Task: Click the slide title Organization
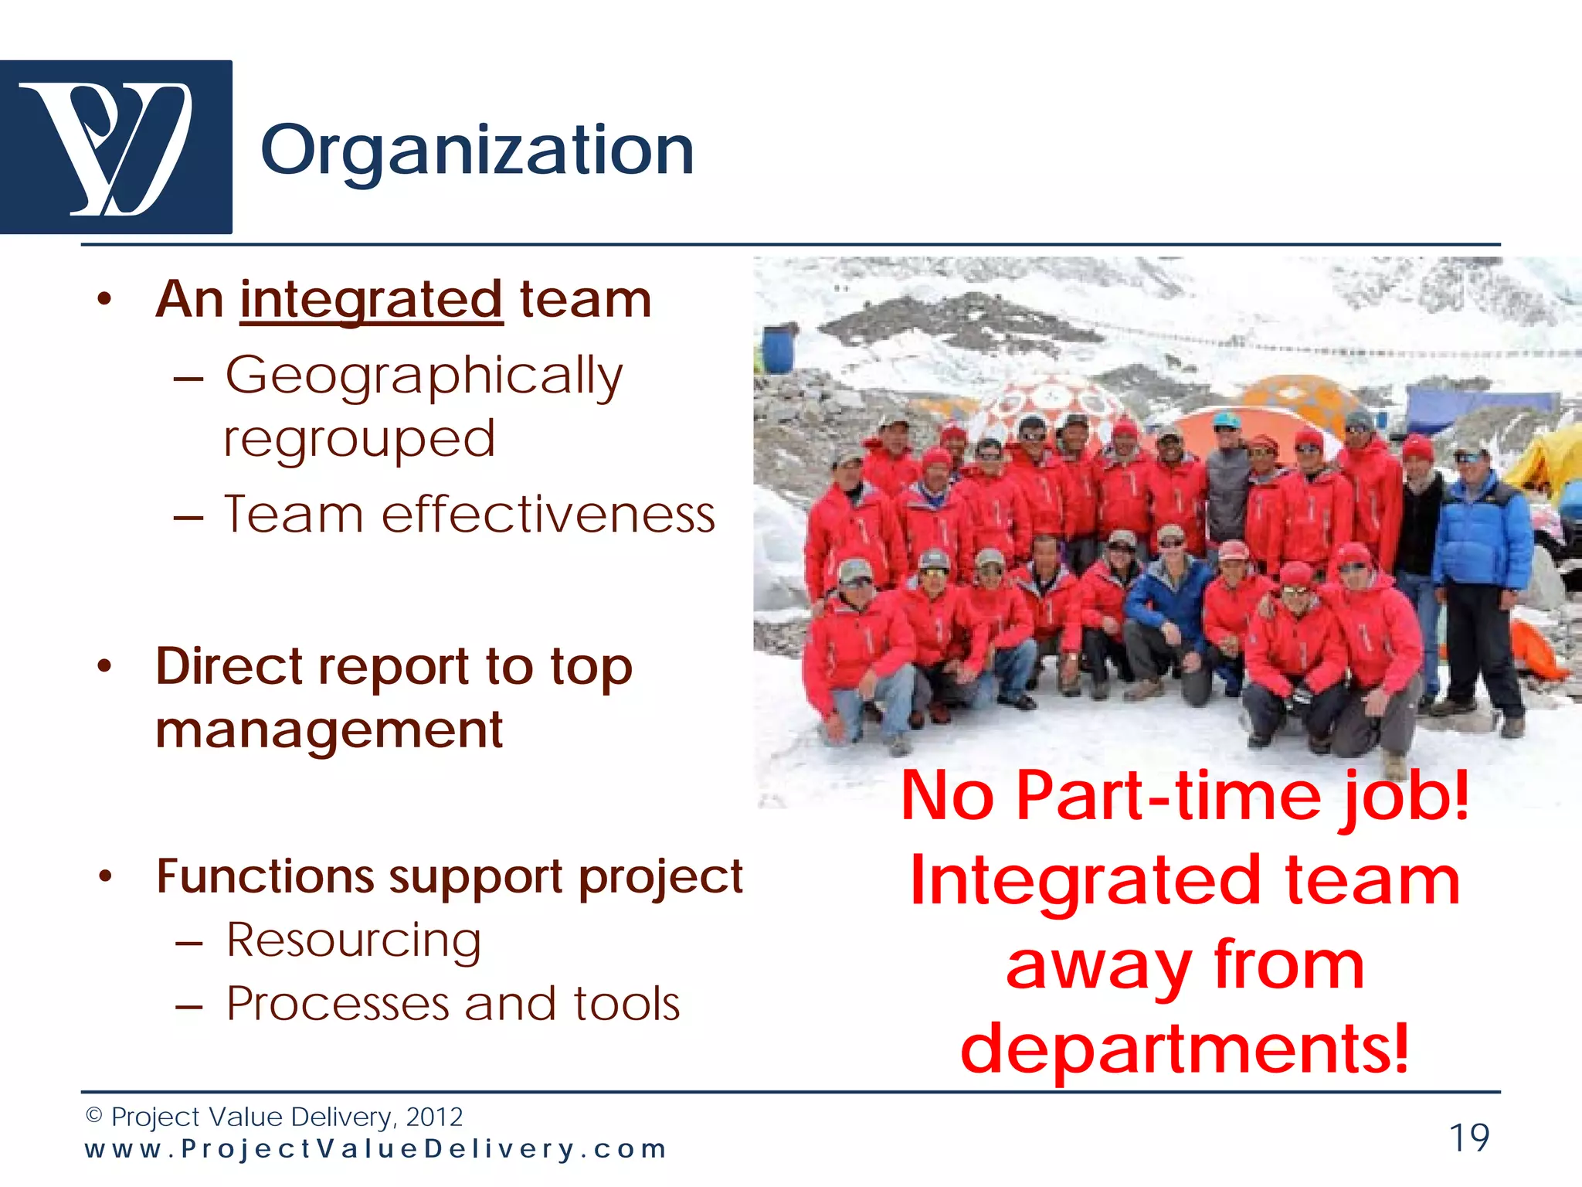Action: pyautogui.click(x=477, y=151)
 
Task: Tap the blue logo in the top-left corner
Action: pyautogui.click(x=116, y=147)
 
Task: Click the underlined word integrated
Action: pyautogui.click(x=372, y=300)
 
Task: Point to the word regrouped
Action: pyautogui.click(x=359, y=439)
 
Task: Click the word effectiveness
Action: pyautogui.click(x=548, y=515)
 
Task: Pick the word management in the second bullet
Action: pyautogui.click(x=329, y=730)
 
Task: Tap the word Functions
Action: pyautogui.click(x=265, y=876)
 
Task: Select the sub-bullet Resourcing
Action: pyautogui.click(x=353, y=940)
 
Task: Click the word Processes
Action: pyautogui.click(x=338, y=1004)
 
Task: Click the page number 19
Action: pyautogui.click(x=1468, y=1138)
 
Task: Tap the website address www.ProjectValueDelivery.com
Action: pyautogui.click(x=375, y=1149)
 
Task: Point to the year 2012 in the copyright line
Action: pyautogui.click(x=434, y=1117)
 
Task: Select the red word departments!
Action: pyautogui.click(x=1185, y=1049)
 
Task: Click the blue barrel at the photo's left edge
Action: pyautogui.click(x=778, y=350)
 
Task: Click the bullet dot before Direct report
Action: pyautogui.click(x=105, y=666)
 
